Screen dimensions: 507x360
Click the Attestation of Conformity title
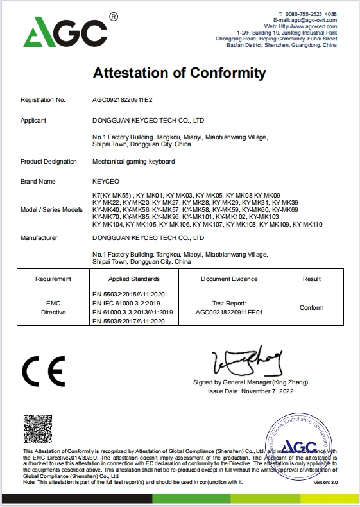click(180, 73)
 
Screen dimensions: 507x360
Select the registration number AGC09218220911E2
click(123, 100)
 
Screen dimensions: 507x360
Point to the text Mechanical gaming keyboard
click(133, 161)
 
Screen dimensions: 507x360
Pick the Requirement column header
click(53, 279)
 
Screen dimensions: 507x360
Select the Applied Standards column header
click(134, 279)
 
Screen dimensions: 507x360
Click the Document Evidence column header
click(229, 279)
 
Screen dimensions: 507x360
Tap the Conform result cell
click(311, 308)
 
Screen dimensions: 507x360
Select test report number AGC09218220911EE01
click(229, 313)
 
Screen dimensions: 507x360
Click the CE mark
click(44, 372)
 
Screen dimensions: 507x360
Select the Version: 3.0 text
click(324, 482)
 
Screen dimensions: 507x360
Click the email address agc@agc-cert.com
click(314, 20)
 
